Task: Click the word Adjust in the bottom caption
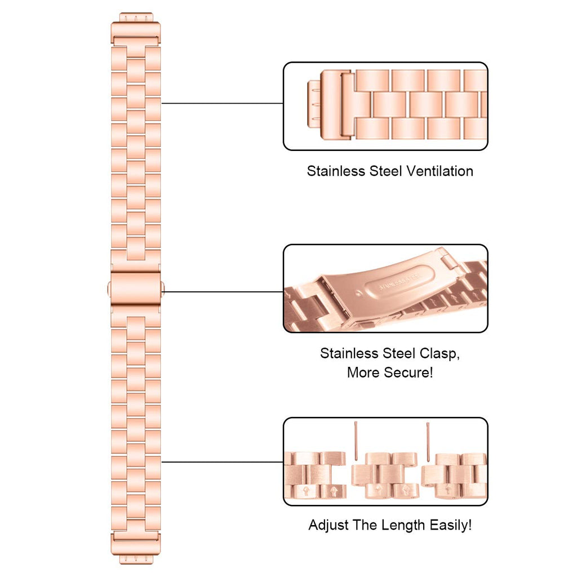tap(329, 525)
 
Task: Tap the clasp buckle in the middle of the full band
tap(136, 288)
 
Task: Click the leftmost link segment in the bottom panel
tap(314, 474)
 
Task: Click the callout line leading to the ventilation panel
tap(222, 103)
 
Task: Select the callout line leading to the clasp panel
tap(222, 292)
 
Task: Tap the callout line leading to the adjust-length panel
tap(222, 462)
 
